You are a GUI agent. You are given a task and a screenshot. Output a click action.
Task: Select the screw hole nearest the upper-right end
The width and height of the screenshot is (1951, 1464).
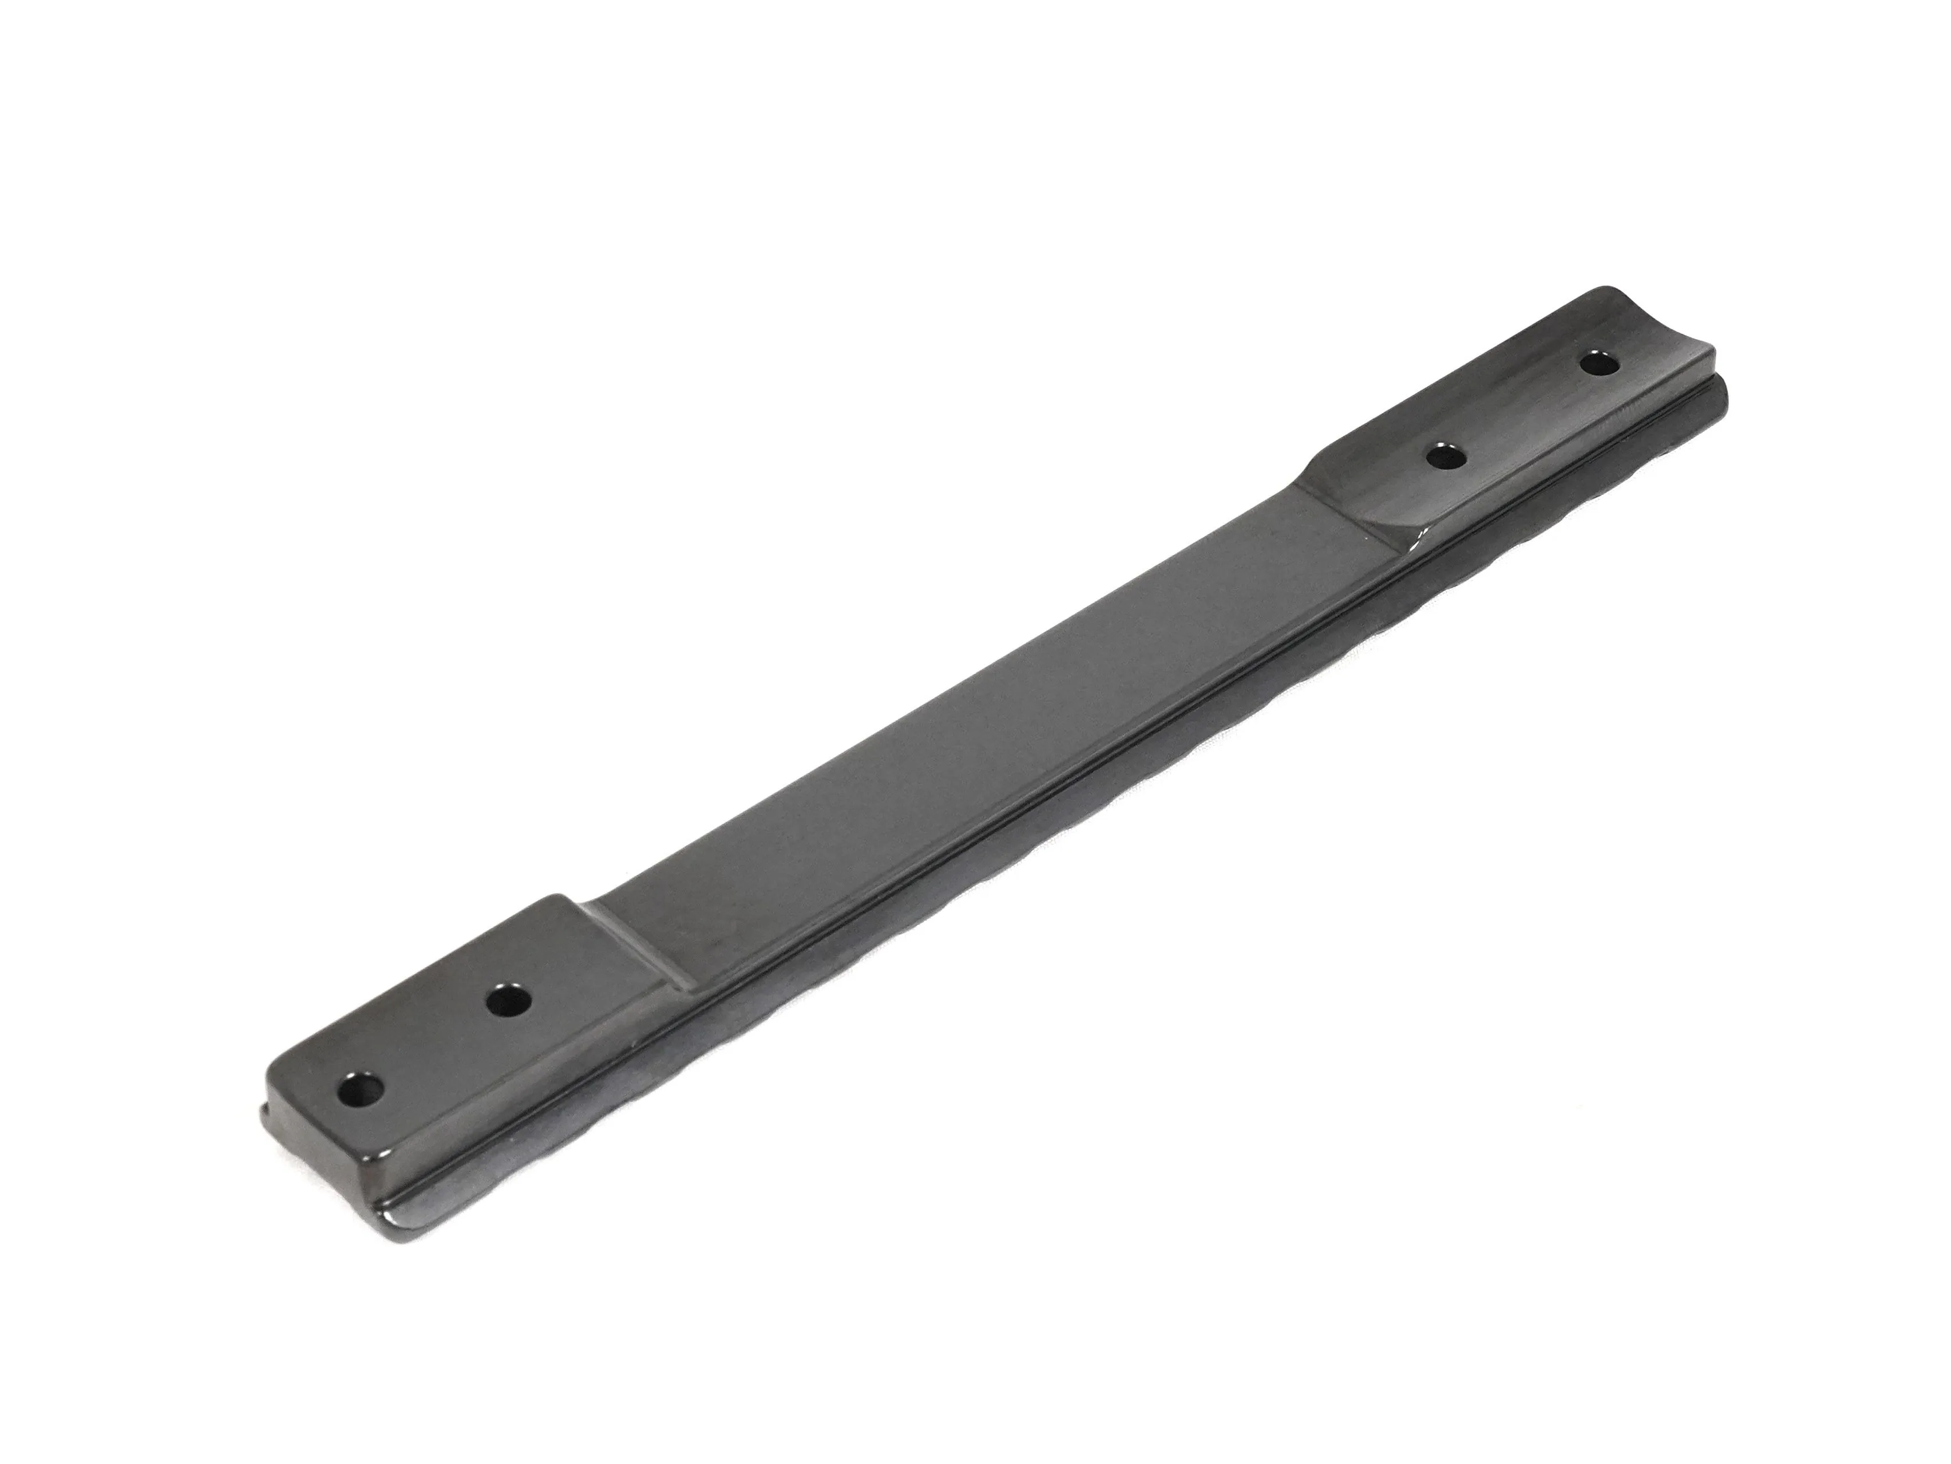[1598, 364]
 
